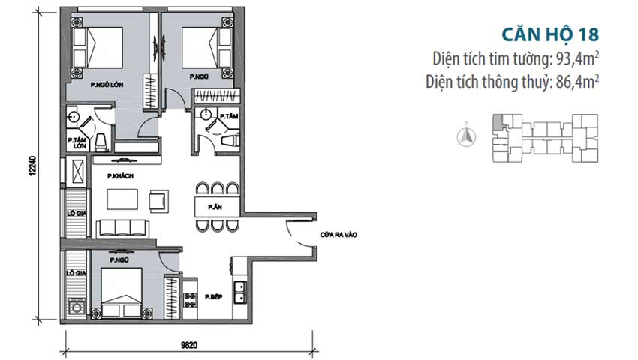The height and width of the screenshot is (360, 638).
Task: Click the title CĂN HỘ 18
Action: pos(550,34)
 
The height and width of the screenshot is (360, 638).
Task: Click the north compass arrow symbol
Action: pos(467,136)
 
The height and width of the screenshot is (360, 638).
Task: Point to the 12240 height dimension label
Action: pos(32,166)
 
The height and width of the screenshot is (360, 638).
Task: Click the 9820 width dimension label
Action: pos(189,345)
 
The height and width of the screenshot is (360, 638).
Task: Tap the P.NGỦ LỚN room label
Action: pos(107,85)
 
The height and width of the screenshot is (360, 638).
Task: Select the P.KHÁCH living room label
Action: pos(120,176)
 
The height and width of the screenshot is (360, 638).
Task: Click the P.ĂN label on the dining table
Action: pos(215,208)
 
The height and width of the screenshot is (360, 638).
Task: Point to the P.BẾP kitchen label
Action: pos(214,297)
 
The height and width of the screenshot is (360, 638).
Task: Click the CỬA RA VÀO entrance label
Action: pos(339,235)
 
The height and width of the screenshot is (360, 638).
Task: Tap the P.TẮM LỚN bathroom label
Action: pos(77,142)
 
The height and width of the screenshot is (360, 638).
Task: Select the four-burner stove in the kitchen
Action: pos(190,299)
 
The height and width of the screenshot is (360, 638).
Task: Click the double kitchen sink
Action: pos(239,292)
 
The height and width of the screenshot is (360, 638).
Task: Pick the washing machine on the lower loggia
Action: pos(77,306)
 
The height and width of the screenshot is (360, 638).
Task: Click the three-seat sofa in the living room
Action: pos(122,228)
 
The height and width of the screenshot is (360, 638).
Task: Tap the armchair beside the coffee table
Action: pos(158,201)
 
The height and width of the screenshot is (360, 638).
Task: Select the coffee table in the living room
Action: pos(122,199)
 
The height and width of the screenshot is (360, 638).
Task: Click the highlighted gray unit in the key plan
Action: pos(497,122)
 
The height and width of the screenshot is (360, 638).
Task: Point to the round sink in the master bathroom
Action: pos(73,117)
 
